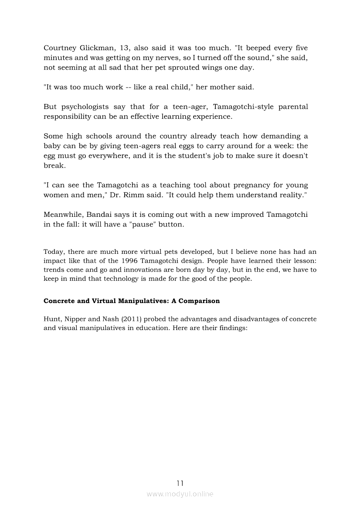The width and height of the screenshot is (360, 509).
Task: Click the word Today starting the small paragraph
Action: tap(53, 252)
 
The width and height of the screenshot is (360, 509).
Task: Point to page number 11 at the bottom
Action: tap(180, 483)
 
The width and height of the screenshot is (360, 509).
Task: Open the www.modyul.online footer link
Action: tap(180, 494)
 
